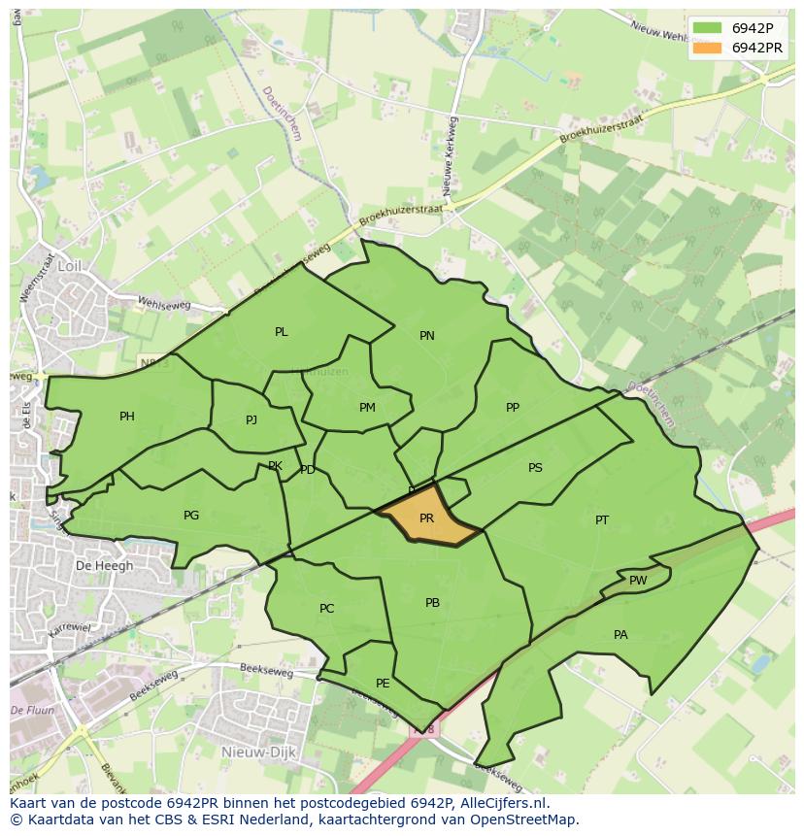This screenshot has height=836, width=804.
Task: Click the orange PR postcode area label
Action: [x=426, y=518]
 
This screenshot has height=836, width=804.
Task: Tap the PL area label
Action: [x=282, y=332]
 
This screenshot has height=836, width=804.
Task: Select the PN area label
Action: [x=427, y=336]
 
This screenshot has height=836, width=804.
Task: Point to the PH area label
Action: [x=127, y=417]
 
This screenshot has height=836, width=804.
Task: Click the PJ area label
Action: [x=251, y=420]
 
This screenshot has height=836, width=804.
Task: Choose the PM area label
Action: [x=367, y=408]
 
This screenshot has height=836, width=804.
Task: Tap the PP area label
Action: [x=513, y=408]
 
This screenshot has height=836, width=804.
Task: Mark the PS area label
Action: [x=535, y=468]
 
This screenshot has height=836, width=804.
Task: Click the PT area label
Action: [x=602, y=520]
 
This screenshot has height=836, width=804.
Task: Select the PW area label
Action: [x=638, y=581]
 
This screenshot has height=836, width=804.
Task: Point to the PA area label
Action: [x=620, y=635]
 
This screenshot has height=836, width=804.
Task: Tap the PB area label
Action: [x=433, y=603]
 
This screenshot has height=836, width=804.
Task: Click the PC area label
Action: [x=326, y=609]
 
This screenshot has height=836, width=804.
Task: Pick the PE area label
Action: [x=383, y=684]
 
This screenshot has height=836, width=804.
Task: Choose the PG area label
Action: [x=191, y=516]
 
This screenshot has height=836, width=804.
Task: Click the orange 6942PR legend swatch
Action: [x=708, y=48]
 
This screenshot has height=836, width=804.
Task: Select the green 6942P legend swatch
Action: [x=708, y=27]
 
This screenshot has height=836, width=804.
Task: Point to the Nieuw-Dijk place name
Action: [x=251, y=752]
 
